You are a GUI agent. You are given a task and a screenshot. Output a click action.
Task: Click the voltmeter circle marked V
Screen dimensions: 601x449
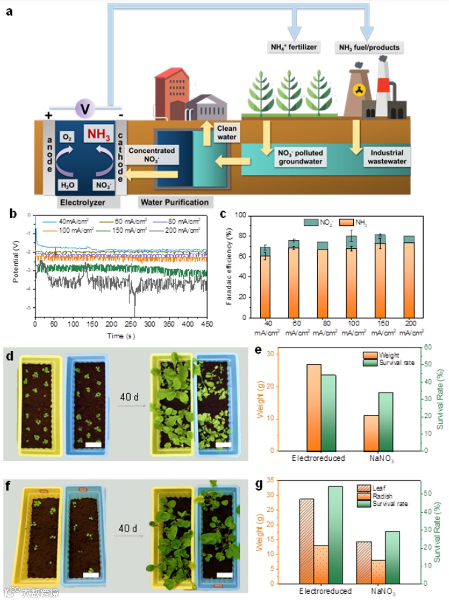tap(85, 109)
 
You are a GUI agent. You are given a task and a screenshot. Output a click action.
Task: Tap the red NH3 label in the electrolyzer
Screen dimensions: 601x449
tap(99, 134)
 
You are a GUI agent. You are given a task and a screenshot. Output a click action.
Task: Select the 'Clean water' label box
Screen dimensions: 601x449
tap(226, 133)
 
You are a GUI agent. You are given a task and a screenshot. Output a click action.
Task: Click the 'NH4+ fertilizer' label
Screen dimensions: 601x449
tap(294, 47)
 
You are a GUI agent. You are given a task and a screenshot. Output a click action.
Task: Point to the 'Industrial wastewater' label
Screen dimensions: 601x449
tap(386, 157)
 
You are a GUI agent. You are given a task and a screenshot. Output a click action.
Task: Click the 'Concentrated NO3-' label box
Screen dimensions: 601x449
tap(151, 155)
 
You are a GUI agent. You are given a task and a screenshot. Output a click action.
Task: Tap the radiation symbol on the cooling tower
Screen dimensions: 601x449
tap(359, 90)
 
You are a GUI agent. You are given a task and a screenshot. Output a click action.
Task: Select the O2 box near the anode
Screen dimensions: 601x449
tap(67, 137)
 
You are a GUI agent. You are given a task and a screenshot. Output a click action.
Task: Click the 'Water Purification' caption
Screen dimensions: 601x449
tap(174, 202)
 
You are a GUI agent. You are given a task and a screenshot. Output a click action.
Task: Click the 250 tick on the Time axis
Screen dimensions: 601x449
tap(131, 324)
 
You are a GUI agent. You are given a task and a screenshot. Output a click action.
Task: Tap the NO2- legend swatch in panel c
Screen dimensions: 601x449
tap(311, 222)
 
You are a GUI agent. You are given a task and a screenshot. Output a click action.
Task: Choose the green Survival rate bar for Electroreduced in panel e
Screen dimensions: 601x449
tap(328, 413)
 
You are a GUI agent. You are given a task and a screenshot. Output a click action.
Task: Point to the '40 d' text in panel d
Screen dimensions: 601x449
tap(129, 397)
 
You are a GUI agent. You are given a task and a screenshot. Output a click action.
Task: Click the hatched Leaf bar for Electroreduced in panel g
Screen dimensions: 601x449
tap(306, 541)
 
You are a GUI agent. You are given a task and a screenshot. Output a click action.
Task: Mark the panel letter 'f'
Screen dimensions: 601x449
tap(8, 485)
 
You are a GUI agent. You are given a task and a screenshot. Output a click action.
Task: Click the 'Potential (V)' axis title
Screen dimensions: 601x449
tap(16, 261)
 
